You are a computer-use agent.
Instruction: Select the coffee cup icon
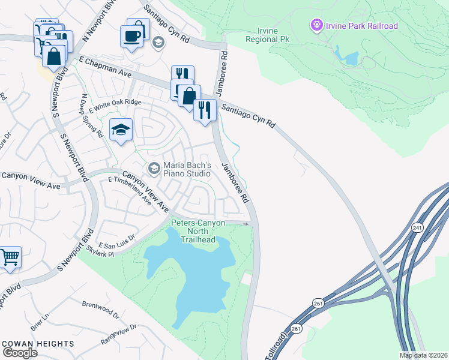[132, 35]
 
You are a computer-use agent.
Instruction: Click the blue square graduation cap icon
[121, 130]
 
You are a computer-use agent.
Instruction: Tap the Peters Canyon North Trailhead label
[198, 232]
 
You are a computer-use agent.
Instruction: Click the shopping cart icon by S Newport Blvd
[10, 257]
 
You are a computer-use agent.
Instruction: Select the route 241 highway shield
[417, 228]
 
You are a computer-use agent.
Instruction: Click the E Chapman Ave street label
[105, 66]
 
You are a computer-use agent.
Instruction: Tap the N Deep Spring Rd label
[91, 115]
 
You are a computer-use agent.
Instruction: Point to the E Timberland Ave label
[131, 191]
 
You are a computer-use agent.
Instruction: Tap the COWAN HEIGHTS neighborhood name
[38, 344]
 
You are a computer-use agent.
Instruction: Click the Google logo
[20, 352]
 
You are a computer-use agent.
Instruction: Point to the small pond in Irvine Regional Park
[350, 58]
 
